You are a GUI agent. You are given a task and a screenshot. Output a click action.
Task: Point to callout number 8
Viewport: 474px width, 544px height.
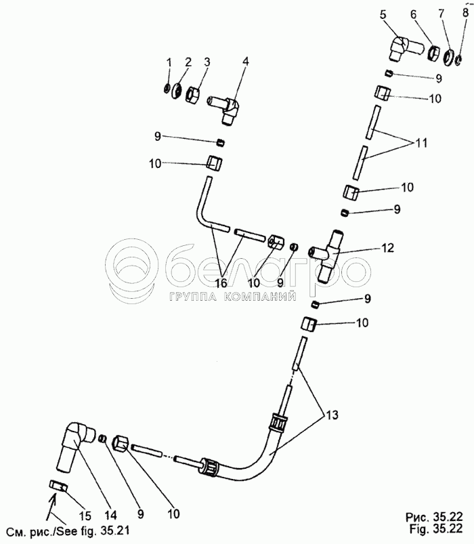tap(464, 13)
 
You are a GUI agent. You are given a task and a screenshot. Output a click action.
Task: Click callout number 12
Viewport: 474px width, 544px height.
tap(387, 248)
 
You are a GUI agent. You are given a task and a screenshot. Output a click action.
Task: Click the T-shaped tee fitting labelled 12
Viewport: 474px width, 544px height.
tap(332, 253)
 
